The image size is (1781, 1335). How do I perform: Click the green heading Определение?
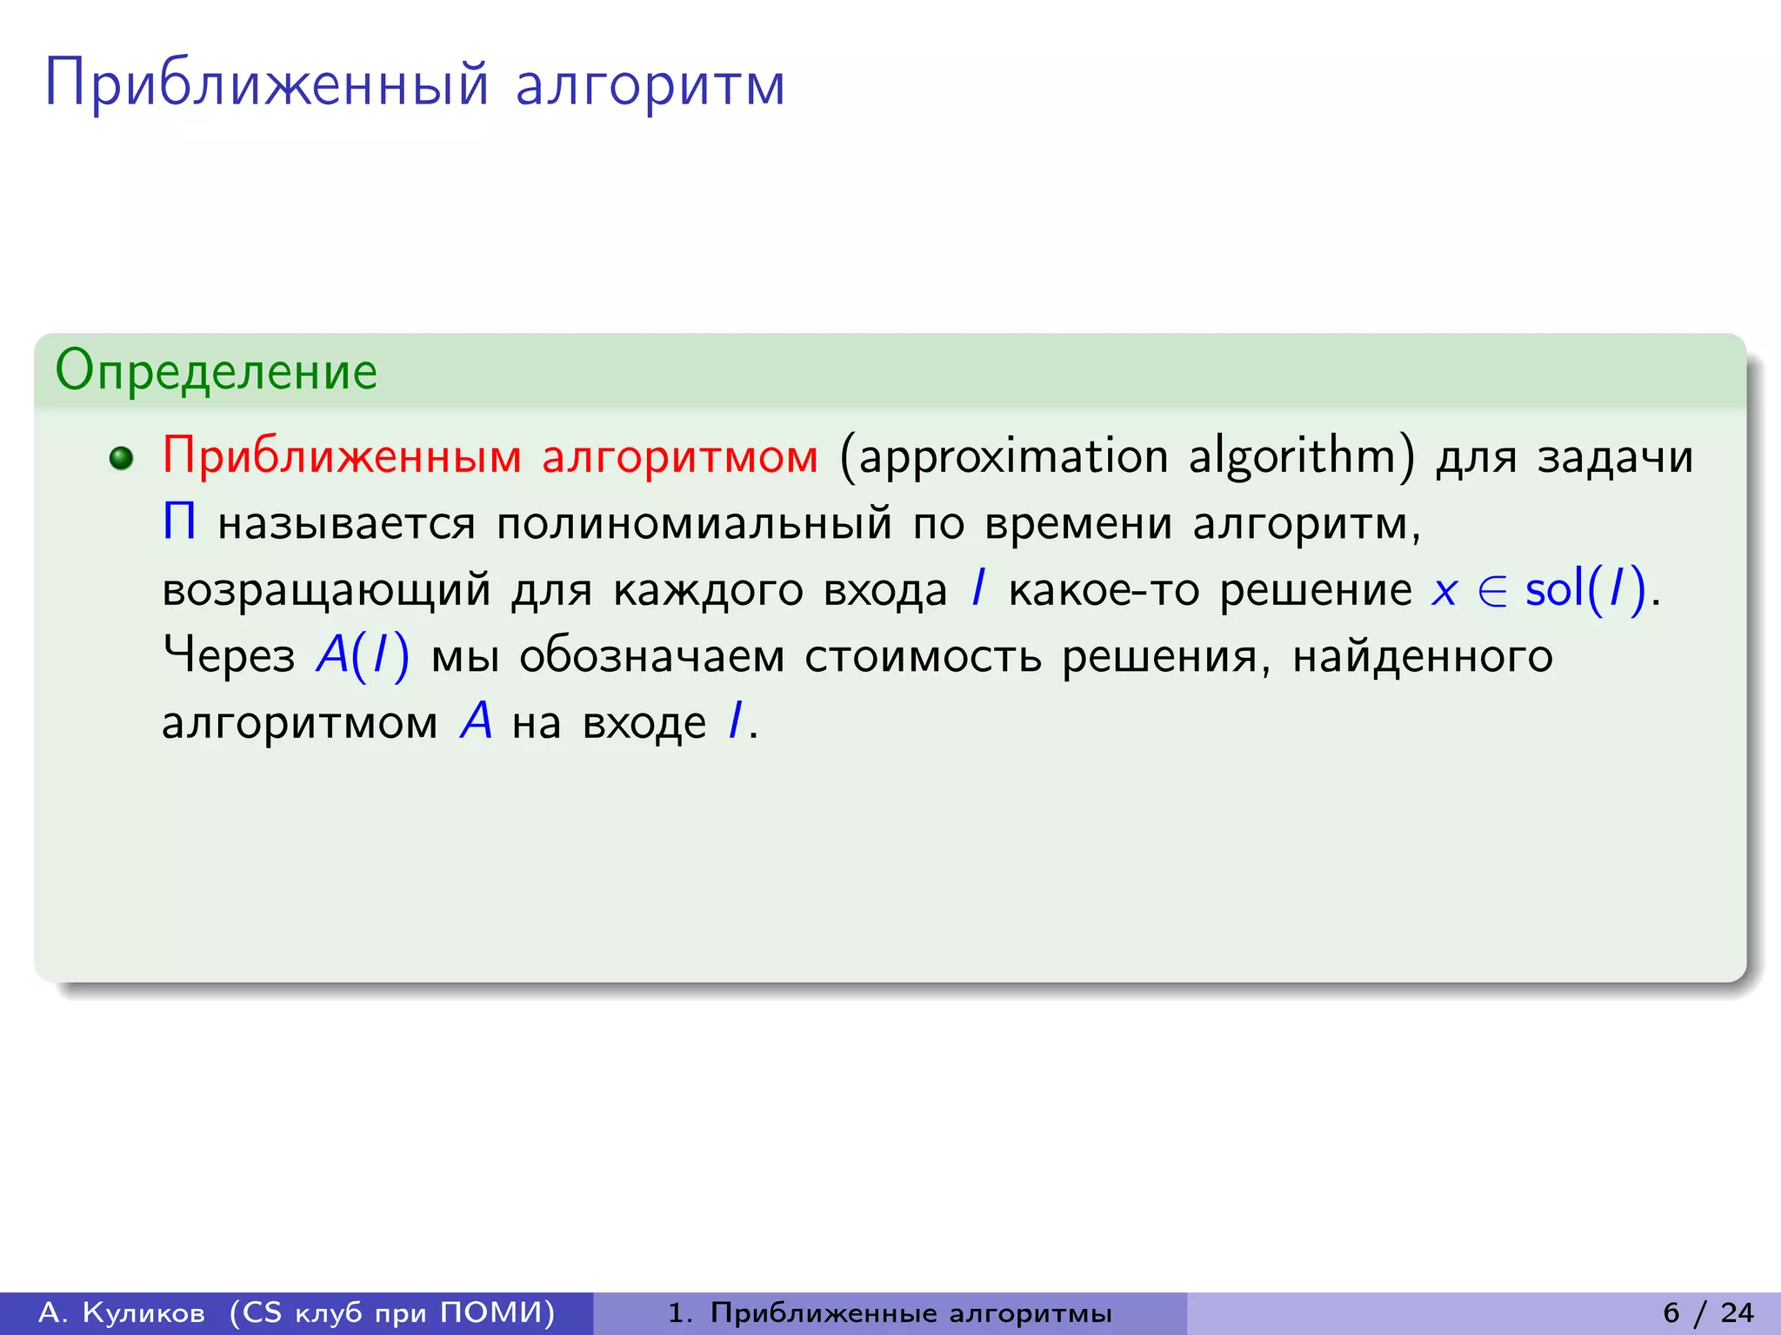click(216, 371)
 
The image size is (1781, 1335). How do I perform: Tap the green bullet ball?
click(122, 458)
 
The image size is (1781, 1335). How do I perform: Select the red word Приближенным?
click(342, 456)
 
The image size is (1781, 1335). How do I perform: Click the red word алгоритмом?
click(680, 456)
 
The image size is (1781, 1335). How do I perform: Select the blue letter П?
click(179, 523)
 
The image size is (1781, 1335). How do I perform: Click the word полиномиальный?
click(694, 523)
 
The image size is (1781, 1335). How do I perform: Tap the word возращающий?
click(326, 590)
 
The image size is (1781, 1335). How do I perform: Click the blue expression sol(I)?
click(1585, 589)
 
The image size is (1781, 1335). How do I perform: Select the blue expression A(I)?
click(363, 655)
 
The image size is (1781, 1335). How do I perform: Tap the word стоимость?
click(923, 656)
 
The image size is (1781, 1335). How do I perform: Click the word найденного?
click(1422, 656)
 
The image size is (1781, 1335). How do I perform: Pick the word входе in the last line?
click(644, 722)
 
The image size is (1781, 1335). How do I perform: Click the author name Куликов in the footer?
click(143, 1312)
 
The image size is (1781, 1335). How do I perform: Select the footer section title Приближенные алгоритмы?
click(911, 1312)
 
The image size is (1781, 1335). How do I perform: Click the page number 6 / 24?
click(1708, 1312)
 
